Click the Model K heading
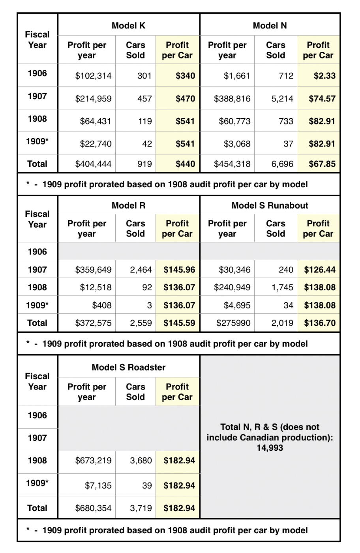[128, 26]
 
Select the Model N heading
[270, 26]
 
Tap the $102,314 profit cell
[93, 76]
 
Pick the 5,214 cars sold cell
[282, 99]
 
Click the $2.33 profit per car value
[324, 76]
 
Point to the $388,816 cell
[232, 99]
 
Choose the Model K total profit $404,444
[93, 164]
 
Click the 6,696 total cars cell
[282, 164]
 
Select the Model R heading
[128, 205]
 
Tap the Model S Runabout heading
[270, 205]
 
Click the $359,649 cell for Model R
[93, 270]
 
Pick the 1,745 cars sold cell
[282, 288]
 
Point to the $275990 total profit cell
[233, 323]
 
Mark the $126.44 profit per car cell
[319, 270]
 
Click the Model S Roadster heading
[128, 367]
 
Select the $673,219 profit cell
[93, 461]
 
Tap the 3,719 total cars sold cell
[141, 508]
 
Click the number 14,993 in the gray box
[270, 448]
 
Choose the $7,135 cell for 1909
[98, 485]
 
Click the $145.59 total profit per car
[179, 323]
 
